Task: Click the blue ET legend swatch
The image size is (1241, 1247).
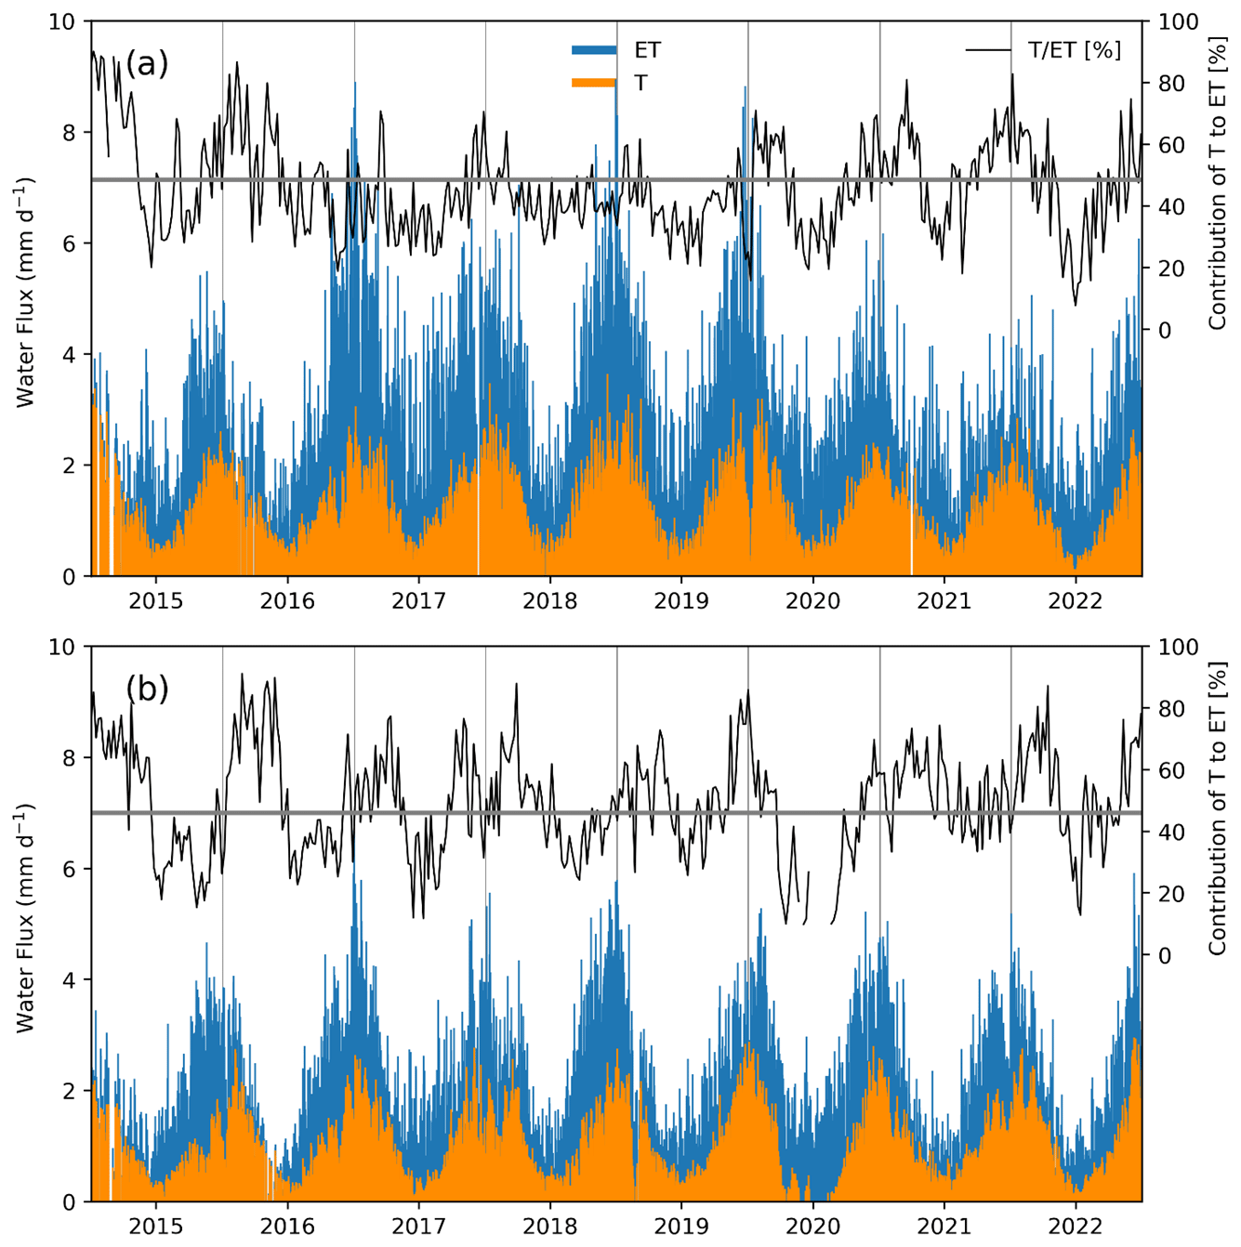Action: click(594, 50)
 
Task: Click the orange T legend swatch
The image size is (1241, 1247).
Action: click(594, 83)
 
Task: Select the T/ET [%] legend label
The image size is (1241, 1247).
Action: click(1074, 50)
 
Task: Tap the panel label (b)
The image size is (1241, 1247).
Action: click(147, 689)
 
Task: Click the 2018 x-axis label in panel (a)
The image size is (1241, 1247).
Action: click(550, 600)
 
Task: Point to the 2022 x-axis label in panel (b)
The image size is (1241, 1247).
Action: click(1076, 1226)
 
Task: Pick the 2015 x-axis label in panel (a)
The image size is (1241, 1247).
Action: click(156, 600)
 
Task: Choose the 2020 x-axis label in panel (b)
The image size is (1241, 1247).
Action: click(813, 1226)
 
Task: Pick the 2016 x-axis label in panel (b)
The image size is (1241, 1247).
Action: click(287, 1226)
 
